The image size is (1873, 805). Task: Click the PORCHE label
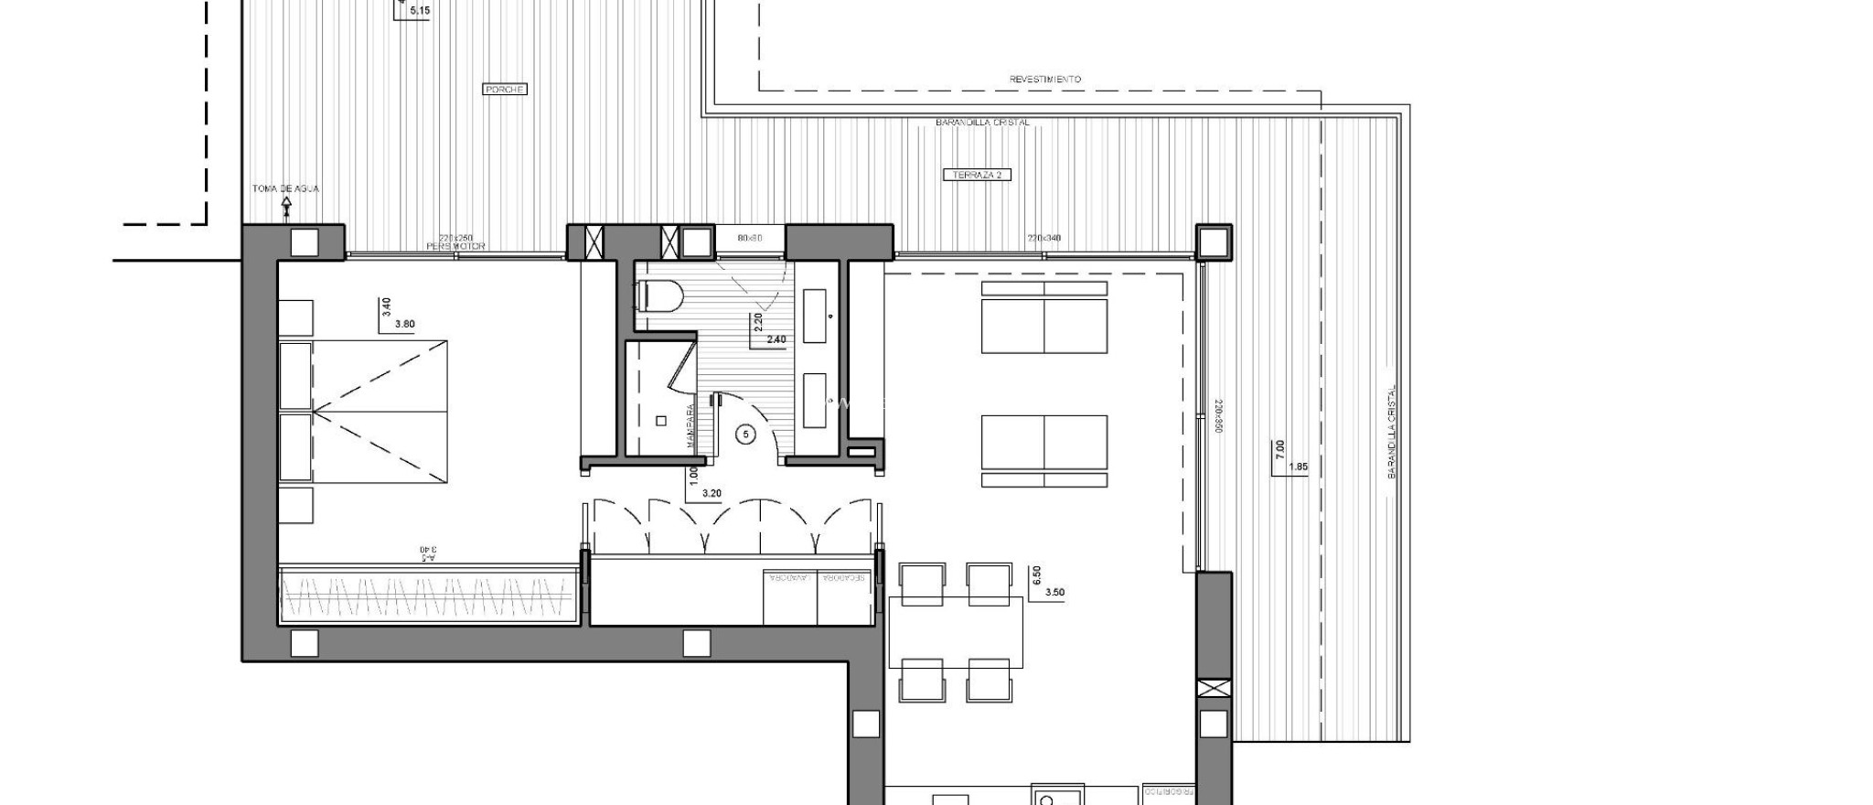(x=504, y=89)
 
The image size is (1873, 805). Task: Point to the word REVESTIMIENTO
(x=1044, y=80)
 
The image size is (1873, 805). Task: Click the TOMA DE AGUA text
(x=285, y=188)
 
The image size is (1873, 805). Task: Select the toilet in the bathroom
(x=660, y=295)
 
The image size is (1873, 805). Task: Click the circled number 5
(x=746, y=435)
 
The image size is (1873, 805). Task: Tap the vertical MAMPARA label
(x=690, y=426)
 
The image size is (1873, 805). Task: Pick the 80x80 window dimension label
(x=749, y=238)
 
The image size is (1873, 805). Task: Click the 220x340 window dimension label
(x=1044, y=238)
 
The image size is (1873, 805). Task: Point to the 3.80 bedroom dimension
(x=404, y=324)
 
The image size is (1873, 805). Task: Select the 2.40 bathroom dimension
(x=776, y=339)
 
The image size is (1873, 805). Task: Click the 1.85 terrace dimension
(x=1297, y=467)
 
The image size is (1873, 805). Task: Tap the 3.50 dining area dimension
(x=1054, y=592)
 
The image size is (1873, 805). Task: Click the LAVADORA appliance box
(x=790, y=597)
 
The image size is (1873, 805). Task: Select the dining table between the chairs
(x=956, y=632)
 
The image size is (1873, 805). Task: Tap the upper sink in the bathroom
(x=814, y=317)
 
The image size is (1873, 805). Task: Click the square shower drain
(x=660, y=421)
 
